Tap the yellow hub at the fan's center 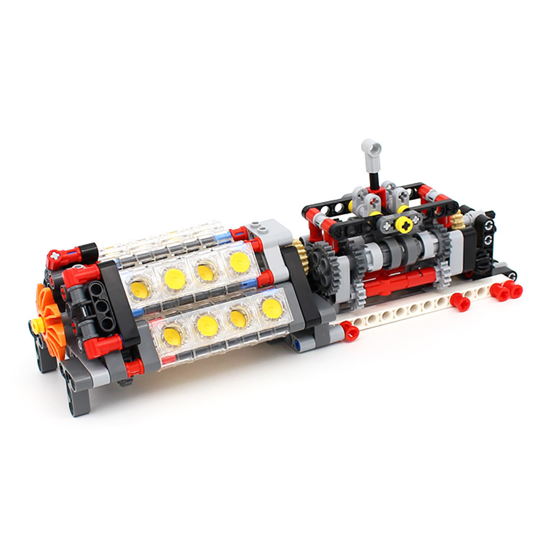pyautogui.click(x=36, y=324)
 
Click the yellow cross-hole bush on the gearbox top pyautogui.click(x=403, y=224)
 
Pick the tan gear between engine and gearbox pyautogui.click(x=300, y=255)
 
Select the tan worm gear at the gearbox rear pyautogui.click(x=457, y=220)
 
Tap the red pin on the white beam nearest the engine pyautogui.click(x=350, y=331)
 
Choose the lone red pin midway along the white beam pyautogui.click(x=459, y=302)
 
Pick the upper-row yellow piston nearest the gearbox pyautogui.click(x=239, y=262)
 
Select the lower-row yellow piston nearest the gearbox pyautogui.click(x=272, y=308)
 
